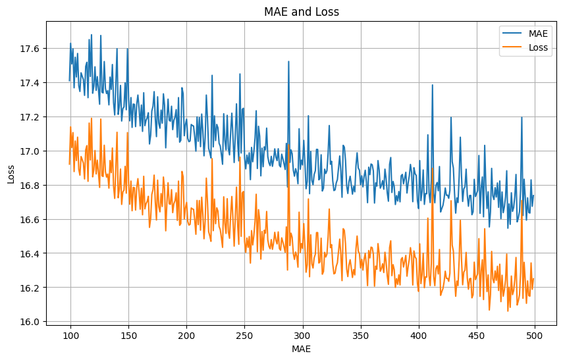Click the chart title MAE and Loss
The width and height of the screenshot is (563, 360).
pyautogui.click(x=301, y=12)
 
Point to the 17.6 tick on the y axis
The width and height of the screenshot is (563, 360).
pyautogui.click(x=31, y=49)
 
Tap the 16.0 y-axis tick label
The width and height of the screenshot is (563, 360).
pyautogui.click(x=31, y=322)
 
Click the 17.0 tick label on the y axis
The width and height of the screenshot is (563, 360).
pyautogui.click(x=31, y=151)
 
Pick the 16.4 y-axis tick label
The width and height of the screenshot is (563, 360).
pyautogui.click(x=31, y=253)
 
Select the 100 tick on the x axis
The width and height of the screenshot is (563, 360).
pyautogui.click(x=70, y=334)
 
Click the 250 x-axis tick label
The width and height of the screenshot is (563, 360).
pyautogui.click(x=244, y=334)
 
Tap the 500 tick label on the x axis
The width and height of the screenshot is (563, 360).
pyautogui.click(x=535, y=334)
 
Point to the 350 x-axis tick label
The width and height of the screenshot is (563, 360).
pyautogui.click(x=361, y=334)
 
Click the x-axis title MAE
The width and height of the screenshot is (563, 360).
pyautogui.click(x=301, y=349)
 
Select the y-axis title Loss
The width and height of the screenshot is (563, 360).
pyautogui.click(x=11, y=174)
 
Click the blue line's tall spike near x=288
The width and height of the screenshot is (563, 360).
pyautogui.click(x=288, y=62)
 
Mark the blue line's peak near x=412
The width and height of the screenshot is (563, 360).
pyautogui.click(x=433, y=85)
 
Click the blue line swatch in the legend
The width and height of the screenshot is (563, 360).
pyautogui.click(x=512, y=34)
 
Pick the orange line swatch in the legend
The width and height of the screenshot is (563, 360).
pyautogui.click(x=512, y=47)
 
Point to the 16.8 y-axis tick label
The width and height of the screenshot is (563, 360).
pyautogui.click(x=31, y=186)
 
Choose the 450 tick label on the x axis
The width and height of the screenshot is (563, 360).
pyautogui.click(x=477, y=334)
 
